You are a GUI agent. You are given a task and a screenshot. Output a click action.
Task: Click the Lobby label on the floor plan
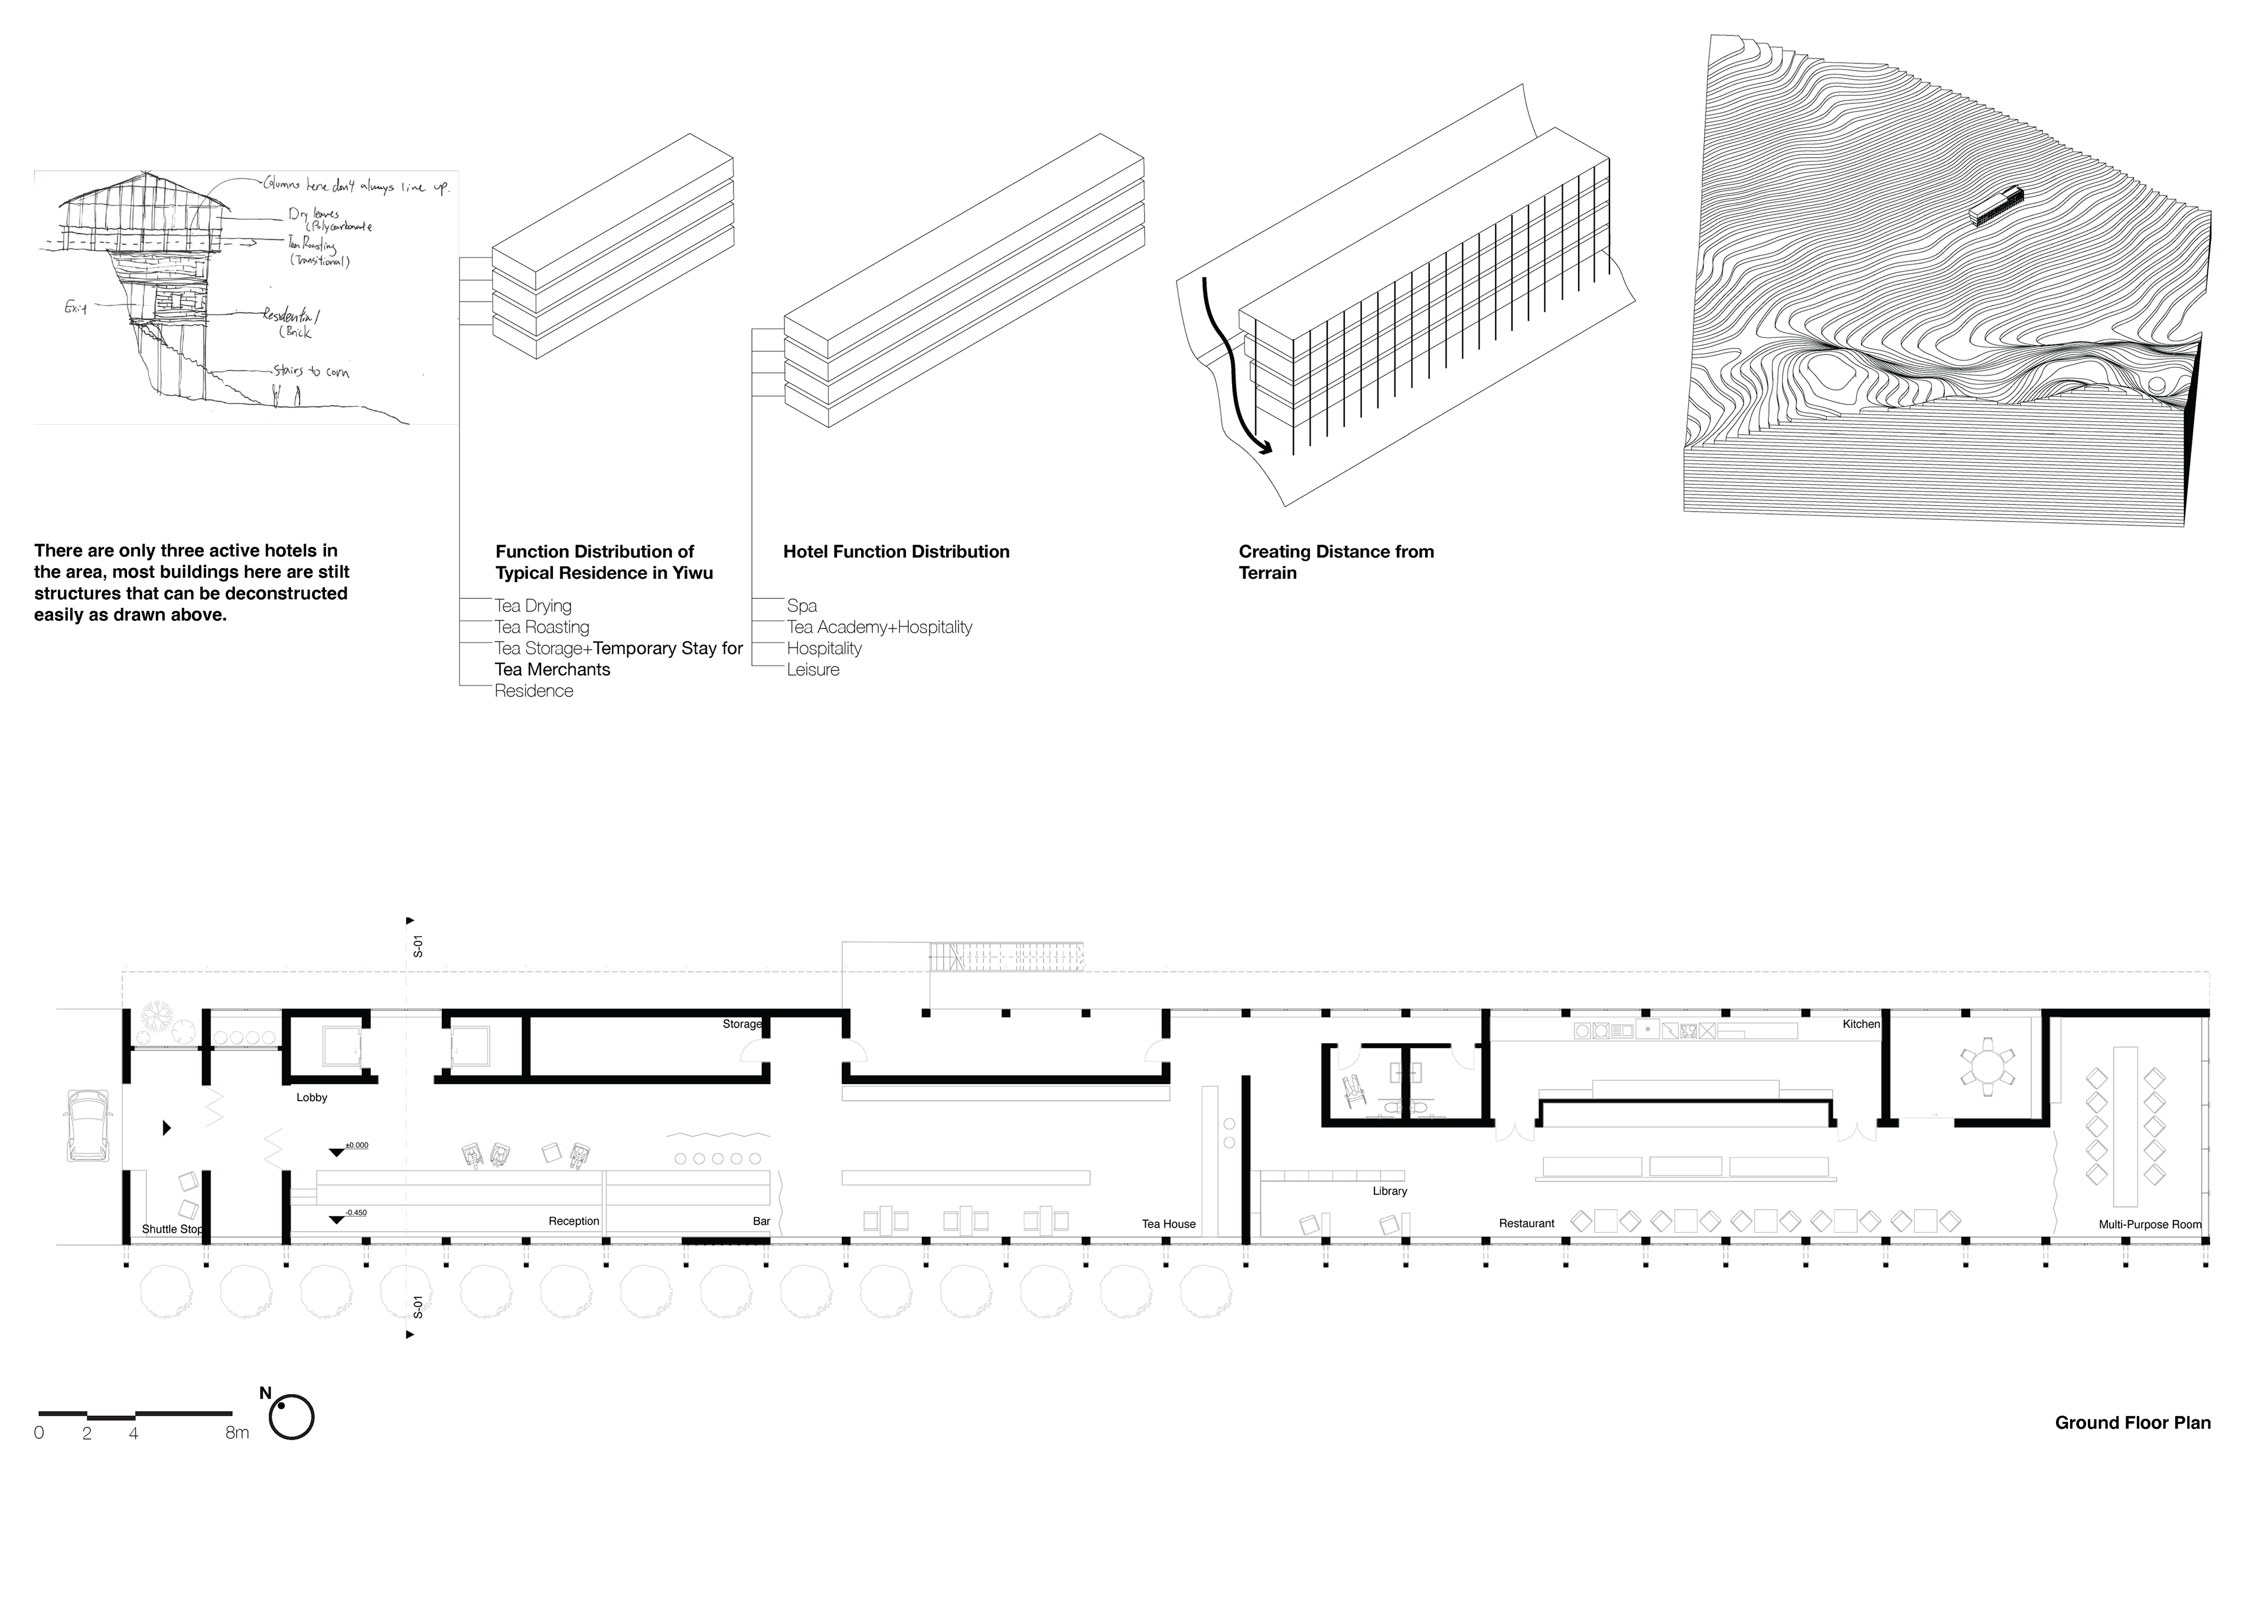click(x=311, y=1098)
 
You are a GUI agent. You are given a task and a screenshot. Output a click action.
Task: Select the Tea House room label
click(x=1169, y=1224)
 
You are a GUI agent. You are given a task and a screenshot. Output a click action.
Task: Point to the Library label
click(x=1389, y=1191)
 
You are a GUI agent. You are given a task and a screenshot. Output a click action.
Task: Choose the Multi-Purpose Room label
click(x=2149, y=1225)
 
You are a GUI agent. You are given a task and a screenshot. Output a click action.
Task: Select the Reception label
click(x=574, y=1222)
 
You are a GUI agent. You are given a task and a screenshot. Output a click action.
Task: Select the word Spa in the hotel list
click(x=802, y=605)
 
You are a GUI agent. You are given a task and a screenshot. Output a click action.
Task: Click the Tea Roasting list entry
click(x=542, y=627)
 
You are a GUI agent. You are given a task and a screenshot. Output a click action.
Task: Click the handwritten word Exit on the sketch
click(x=76, y=308)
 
